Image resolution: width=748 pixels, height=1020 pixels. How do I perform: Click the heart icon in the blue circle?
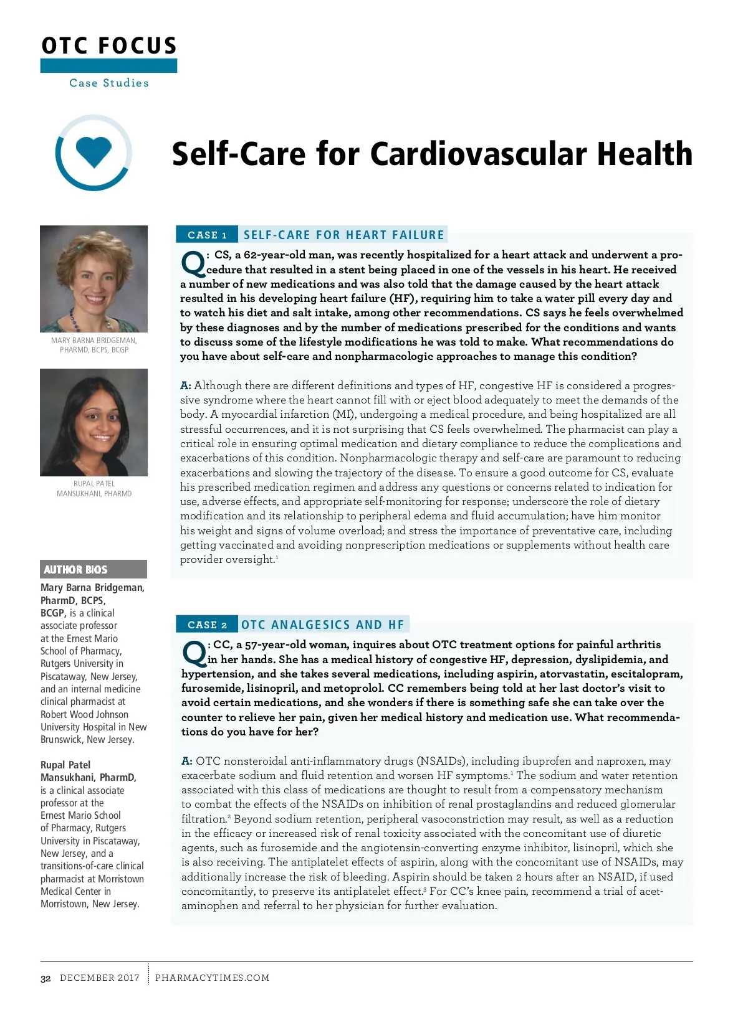tap(93, 151)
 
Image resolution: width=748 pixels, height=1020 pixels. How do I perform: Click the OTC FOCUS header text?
tap(109, 46)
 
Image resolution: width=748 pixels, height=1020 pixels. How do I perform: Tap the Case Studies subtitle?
tap(109, 83)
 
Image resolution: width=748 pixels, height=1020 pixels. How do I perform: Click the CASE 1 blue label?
tap(207, 235)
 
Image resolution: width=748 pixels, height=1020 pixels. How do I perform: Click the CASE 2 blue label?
tap(207, 625)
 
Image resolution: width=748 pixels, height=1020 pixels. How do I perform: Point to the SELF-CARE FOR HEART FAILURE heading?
tap(344, 235)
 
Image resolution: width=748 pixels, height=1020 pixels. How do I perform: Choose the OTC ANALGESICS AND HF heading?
tap(323, 625)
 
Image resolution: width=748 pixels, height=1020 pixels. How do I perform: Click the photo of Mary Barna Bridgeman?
tap(93, 278)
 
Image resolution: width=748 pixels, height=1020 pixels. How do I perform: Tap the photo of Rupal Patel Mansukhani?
tap(93, 422)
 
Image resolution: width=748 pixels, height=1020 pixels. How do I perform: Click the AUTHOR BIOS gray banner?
tap(93, 569)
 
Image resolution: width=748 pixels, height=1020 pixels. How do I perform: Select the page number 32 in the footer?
tap(46, 978)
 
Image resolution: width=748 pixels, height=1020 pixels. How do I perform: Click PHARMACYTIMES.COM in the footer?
tap(212, 978)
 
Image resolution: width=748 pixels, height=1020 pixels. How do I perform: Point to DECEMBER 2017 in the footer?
tap(100, 978)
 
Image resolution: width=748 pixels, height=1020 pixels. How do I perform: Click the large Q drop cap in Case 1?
tap(193, 264)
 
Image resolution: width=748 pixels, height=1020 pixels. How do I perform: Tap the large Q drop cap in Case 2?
tap(194, 653)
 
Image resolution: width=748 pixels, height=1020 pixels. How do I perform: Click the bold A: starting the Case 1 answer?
tap(186, 385)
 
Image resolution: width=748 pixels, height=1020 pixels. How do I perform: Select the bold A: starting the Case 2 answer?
tap(187, 761)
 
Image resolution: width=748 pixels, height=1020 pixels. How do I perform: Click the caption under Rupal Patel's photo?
tap(94, 488)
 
